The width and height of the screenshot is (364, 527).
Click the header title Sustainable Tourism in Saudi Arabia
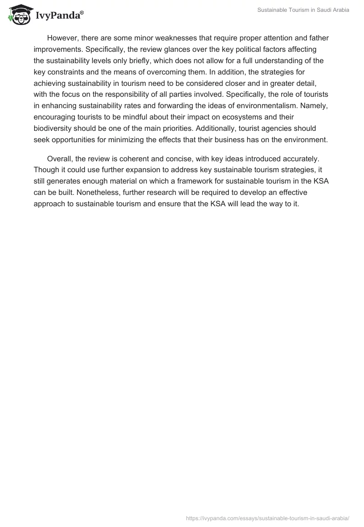pos(303,10)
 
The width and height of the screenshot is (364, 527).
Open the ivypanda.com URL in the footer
pos(268,518)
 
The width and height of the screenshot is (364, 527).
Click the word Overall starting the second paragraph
pos(60,159)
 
